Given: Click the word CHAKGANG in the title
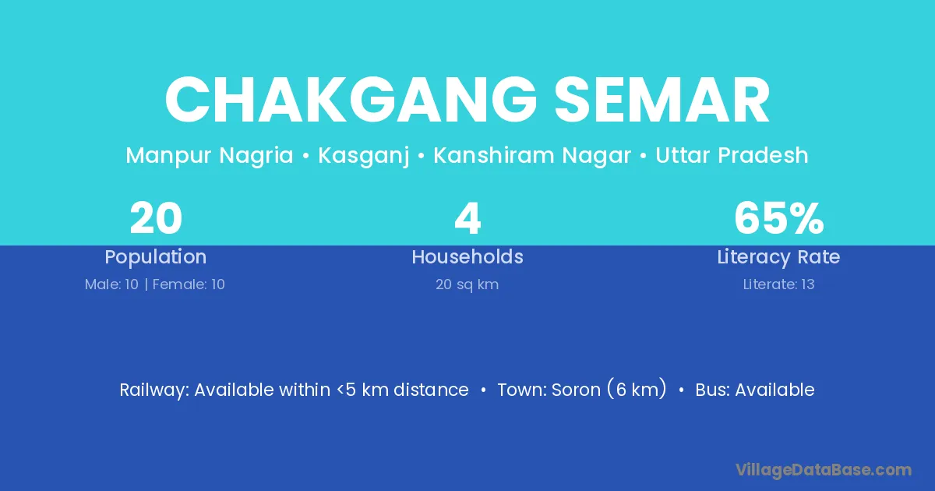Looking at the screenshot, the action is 351,101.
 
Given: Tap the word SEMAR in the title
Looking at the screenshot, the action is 662,101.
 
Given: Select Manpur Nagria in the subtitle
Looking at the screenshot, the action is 210,156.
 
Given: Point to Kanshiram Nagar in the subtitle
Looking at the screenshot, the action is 532,156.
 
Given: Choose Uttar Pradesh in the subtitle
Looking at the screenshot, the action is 732,155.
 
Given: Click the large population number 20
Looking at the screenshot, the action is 156,218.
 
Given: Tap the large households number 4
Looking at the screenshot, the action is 467,218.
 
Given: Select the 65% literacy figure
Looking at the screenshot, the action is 779,218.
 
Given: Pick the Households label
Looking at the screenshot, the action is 467,256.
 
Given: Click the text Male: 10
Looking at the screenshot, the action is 111,284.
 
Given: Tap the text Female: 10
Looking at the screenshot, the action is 189,284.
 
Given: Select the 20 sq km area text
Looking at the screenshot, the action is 467,284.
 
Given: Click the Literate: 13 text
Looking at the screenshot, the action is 778,284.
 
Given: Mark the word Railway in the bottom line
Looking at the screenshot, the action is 154,390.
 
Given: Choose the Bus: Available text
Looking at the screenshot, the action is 755,390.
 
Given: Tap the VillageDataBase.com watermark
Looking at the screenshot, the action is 824,470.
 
